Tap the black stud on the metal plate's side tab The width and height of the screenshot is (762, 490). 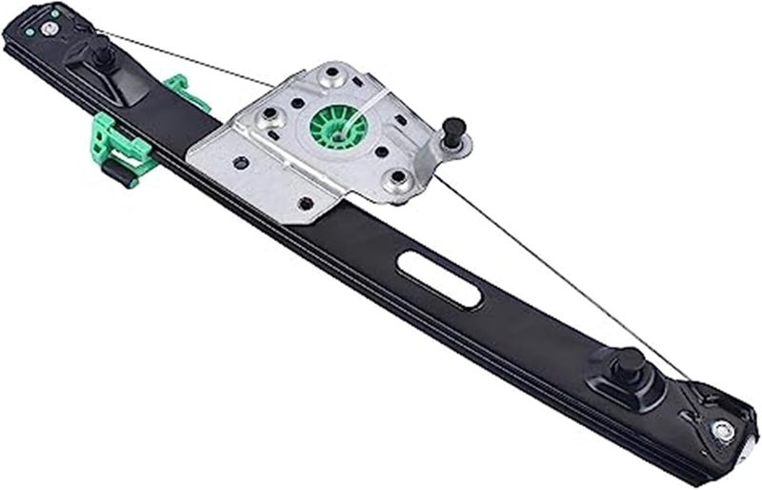454,130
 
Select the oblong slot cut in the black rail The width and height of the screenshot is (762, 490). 439,279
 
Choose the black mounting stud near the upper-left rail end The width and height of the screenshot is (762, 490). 103,56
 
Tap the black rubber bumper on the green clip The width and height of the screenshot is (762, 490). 117,173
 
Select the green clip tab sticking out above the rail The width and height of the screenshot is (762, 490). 174,88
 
